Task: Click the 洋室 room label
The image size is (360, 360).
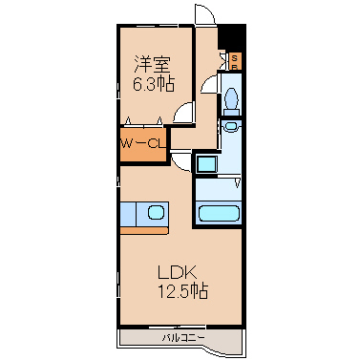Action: pyautogui.click(x=152, y=64)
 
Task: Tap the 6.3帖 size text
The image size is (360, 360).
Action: pyautogui.click(x=153, y=85)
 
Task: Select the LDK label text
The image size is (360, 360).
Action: pyautogui.click(x=177, y=273)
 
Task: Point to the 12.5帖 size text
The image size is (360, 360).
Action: pyautogui.click(x=183, y=291)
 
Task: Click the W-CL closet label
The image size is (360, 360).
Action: pyautogui.click(x=143, y=144)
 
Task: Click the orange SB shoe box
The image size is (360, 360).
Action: pyautogui.click(x=235, y=61)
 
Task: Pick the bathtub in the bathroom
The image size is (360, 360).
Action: pyautogui.click(x=219, y=214)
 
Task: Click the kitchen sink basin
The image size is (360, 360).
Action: pyautogui.click(x=156, y=212)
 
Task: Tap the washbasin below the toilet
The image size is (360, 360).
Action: pyautogui.click(x=230, y=126)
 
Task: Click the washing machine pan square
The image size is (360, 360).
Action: pyautogui.click(x=206, y=164)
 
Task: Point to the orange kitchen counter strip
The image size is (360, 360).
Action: pyautogui.click(x=144, y=230)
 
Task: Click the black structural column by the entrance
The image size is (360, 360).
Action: pyautogui.click(x=231, y=35)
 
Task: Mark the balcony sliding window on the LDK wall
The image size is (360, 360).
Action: pyautogui.click(x=178, y=327)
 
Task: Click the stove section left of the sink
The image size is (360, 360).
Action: pyautogui.click(x=128, y=214)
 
